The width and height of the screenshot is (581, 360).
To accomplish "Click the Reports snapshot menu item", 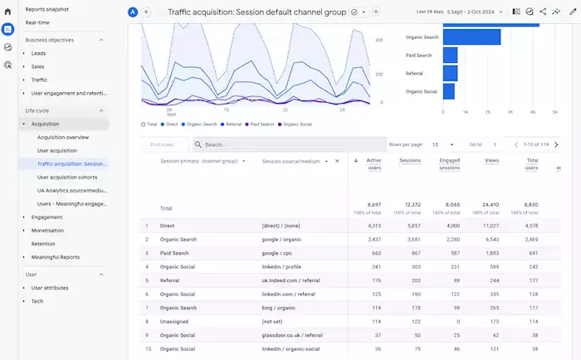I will (47, 9).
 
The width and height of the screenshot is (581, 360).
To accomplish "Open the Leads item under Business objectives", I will (39, 53).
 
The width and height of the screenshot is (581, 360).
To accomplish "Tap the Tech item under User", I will (37, 301).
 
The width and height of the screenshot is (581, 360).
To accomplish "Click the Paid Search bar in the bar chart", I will (451, 55).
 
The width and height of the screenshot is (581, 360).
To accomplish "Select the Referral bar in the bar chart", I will (450, 73).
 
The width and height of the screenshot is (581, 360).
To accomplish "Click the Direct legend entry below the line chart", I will (172, 124).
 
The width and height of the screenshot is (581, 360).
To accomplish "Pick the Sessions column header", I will (410, 161).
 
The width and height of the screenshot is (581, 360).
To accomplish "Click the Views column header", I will (492, 161).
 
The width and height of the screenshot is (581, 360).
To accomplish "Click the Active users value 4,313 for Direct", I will (373, 226).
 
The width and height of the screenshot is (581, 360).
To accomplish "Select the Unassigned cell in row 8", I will (176, 320).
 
